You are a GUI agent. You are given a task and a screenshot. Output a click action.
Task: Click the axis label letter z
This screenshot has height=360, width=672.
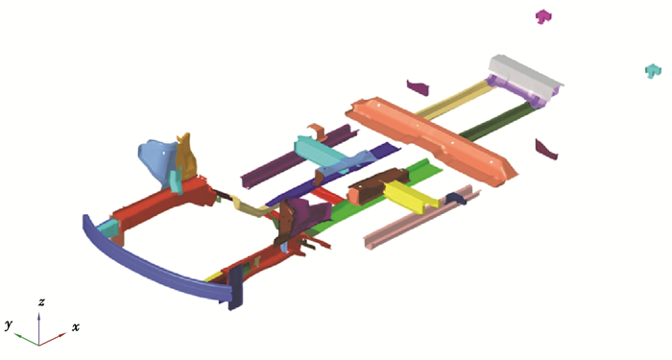coord(41,302)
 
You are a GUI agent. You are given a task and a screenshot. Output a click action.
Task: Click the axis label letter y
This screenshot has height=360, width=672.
coord(9,324)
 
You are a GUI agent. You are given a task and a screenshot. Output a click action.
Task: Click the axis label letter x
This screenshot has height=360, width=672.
coord(76,328)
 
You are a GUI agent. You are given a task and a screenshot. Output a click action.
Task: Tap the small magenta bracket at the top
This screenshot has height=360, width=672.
coord(543,16)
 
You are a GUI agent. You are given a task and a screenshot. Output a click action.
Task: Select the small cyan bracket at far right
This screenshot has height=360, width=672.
coord(653,71)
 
